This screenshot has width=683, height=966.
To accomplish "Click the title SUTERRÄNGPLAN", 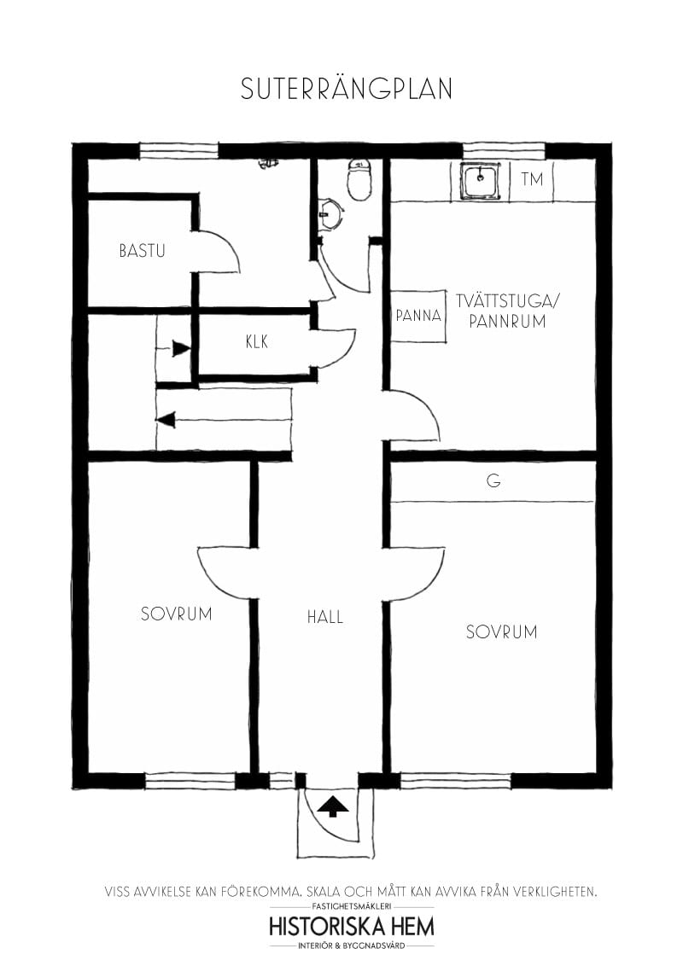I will point(346,90).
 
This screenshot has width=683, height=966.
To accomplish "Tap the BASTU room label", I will point(142,251).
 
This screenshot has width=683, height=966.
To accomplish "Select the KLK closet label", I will point(257,342).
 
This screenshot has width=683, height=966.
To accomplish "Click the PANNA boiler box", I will point(418,316).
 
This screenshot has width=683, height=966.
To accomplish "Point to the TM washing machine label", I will point(532,180).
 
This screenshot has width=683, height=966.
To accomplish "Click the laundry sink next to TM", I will point(480,181).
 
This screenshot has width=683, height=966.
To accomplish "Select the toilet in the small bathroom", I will point(359,180).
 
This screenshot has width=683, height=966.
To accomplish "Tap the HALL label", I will point(324,616).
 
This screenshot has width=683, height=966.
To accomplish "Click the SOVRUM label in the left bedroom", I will point(176,614).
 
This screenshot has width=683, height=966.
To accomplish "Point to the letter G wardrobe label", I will point(493,481).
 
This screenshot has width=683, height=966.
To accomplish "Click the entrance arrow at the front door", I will point(334,806).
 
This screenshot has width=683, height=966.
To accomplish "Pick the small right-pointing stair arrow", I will point(180,348).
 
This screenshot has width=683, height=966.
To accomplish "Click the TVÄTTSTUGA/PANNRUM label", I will point(500,311).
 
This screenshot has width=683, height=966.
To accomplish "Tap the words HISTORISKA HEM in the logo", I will point(351,926).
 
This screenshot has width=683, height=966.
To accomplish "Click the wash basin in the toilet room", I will point(328,214).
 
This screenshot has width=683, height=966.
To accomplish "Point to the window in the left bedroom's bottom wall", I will point(190,779).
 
